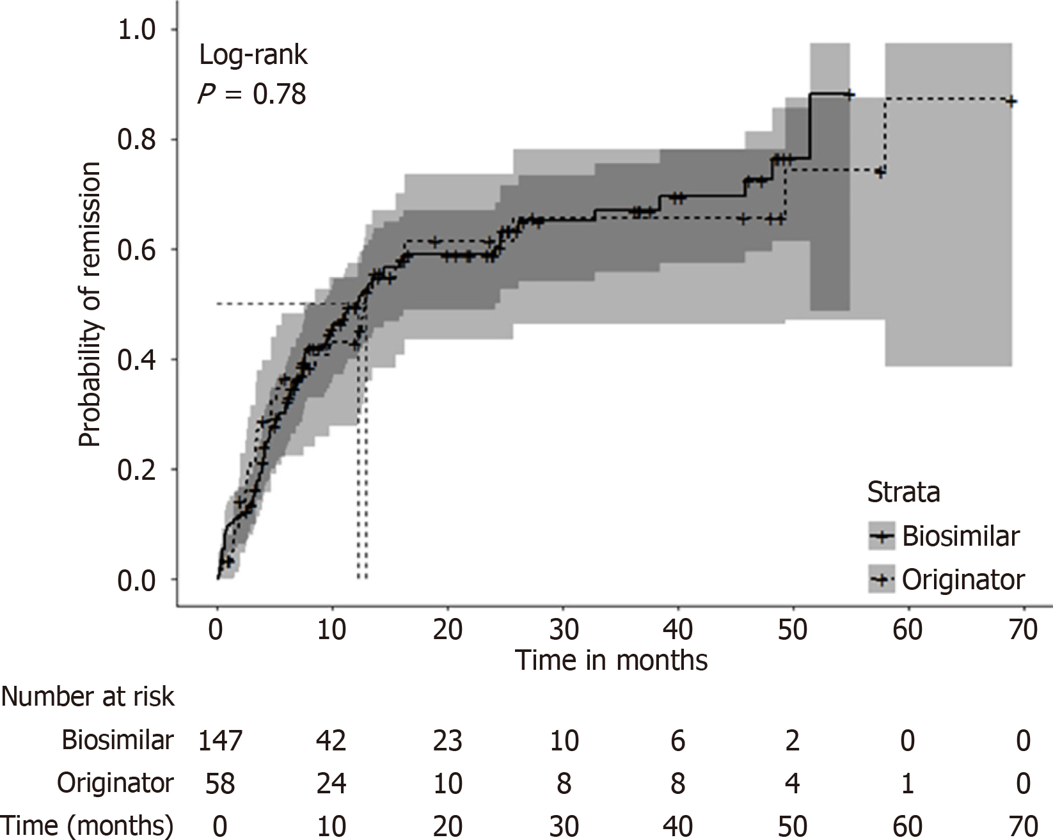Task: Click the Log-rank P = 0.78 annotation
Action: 253,75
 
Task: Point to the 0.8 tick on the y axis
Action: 137,139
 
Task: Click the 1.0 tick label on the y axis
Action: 137,29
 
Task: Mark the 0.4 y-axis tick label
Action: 137,360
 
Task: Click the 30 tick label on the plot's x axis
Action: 563,630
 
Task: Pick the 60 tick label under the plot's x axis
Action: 908,630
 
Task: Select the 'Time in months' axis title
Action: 611,660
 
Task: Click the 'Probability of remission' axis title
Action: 90,305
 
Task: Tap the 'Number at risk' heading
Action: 88,696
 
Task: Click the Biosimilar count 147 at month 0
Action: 219,741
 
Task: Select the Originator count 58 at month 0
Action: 219,783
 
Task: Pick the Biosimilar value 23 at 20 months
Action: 448,741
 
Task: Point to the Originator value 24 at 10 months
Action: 331,783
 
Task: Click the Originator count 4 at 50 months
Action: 793,783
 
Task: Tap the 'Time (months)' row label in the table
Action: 88,825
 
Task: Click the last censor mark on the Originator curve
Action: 1010,101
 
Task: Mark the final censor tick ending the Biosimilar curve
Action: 849,94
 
